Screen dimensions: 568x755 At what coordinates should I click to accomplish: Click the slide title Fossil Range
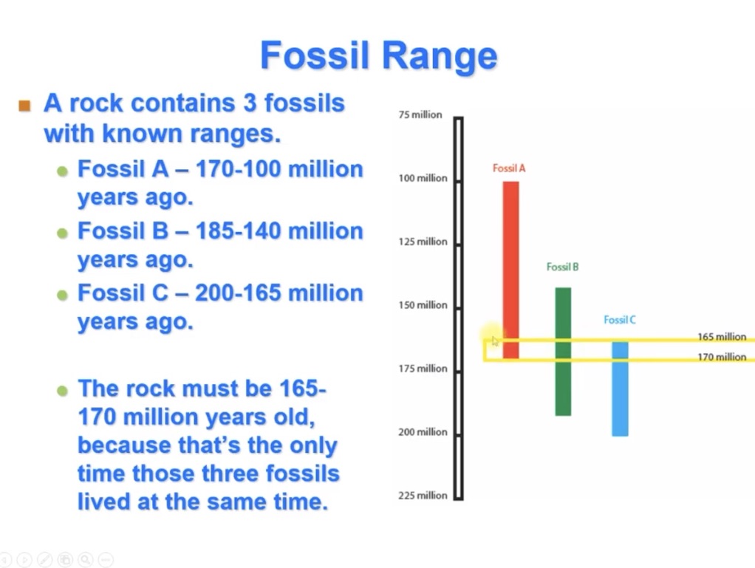pos(378,56)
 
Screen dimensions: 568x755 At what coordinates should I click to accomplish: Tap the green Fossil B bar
pos(563,352)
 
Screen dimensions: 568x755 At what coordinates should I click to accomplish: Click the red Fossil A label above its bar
pos(509,168)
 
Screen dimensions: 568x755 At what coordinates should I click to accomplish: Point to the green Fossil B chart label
pos(562,267)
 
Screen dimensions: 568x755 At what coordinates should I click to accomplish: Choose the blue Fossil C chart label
pos(619,320)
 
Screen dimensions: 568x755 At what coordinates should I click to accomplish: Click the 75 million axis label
pos(420,114)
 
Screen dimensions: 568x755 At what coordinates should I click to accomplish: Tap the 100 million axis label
pos(423,178)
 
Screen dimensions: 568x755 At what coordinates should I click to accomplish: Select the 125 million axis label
pos(423,242)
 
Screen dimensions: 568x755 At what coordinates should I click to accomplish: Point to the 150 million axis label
pos(423,305)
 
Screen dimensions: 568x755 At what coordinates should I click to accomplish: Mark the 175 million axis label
pos(423,369)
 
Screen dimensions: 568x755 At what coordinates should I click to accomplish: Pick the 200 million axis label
pos(423,432)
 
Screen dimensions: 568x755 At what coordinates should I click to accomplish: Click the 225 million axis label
pos(423,496)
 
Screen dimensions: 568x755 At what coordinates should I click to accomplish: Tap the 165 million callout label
pos(721,337)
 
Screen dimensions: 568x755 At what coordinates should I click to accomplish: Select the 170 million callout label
pos(721,357)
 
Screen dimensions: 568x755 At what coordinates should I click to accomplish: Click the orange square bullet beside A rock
pos(25,105)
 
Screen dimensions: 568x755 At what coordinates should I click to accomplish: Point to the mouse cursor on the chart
pos(494,339)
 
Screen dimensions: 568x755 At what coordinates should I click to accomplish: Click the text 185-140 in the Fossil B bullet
pos(237,231)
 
